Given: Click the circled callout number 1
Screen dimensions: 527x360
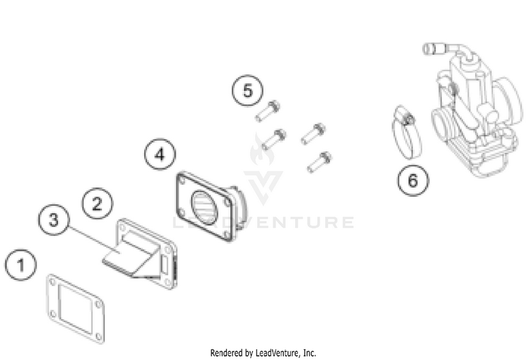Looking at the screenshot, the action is [x=20, y=265].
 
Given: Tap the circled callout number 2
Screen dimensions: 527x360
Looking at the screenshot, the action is [x=97, y=203].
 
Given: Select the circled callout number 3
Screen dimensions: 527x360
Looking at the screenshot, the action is [x=54, y=220].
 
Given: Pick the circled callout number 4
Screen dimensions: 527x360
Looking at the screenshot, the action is [x=160, y=155].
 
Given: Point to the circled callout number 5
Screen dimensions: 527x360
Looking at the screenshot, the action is [x=247, y=91].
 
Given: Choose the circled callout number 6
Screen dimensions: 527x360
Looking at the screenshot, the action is [x=413, y=180].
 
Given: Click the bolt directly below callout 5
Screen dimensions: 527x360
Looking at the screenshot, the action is [x=268, y=111].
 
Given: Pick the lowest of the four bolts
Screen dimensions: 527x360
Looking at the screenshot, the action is [x=319, y=162].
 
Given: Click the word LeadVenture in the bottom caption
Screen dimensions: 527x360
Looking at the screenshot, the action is [x=277, y=353].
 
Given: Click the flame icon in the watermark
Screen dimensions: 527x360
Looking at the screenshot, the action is [x=261, y=150].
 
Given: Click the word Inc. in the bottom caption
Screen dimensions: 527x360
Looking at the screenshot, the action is [x=309, y=353].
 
